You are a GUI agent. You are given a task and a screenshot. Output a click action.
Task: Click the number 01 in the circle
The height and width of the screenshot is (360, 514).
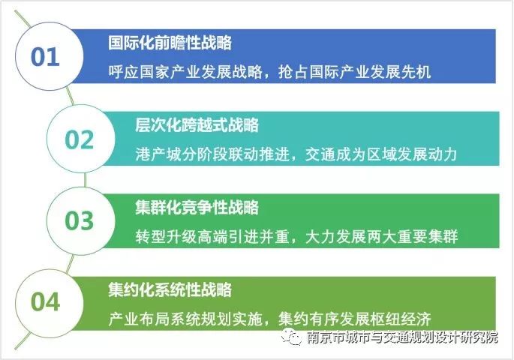45,58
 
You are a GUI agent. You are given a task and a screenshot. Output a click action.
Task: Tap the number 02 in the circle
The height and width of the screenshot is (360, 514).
79,140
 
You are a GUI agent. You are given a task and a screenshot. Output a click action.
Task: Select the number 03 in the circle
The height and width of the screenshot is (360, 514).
79,221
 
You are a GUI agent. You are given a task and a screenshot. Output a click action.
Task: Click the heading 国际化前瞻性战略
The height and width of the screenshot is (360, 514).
170,43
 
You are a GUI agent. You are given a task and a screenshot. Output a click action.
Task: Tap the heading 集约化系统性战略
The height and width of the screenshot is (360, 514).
170,289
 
